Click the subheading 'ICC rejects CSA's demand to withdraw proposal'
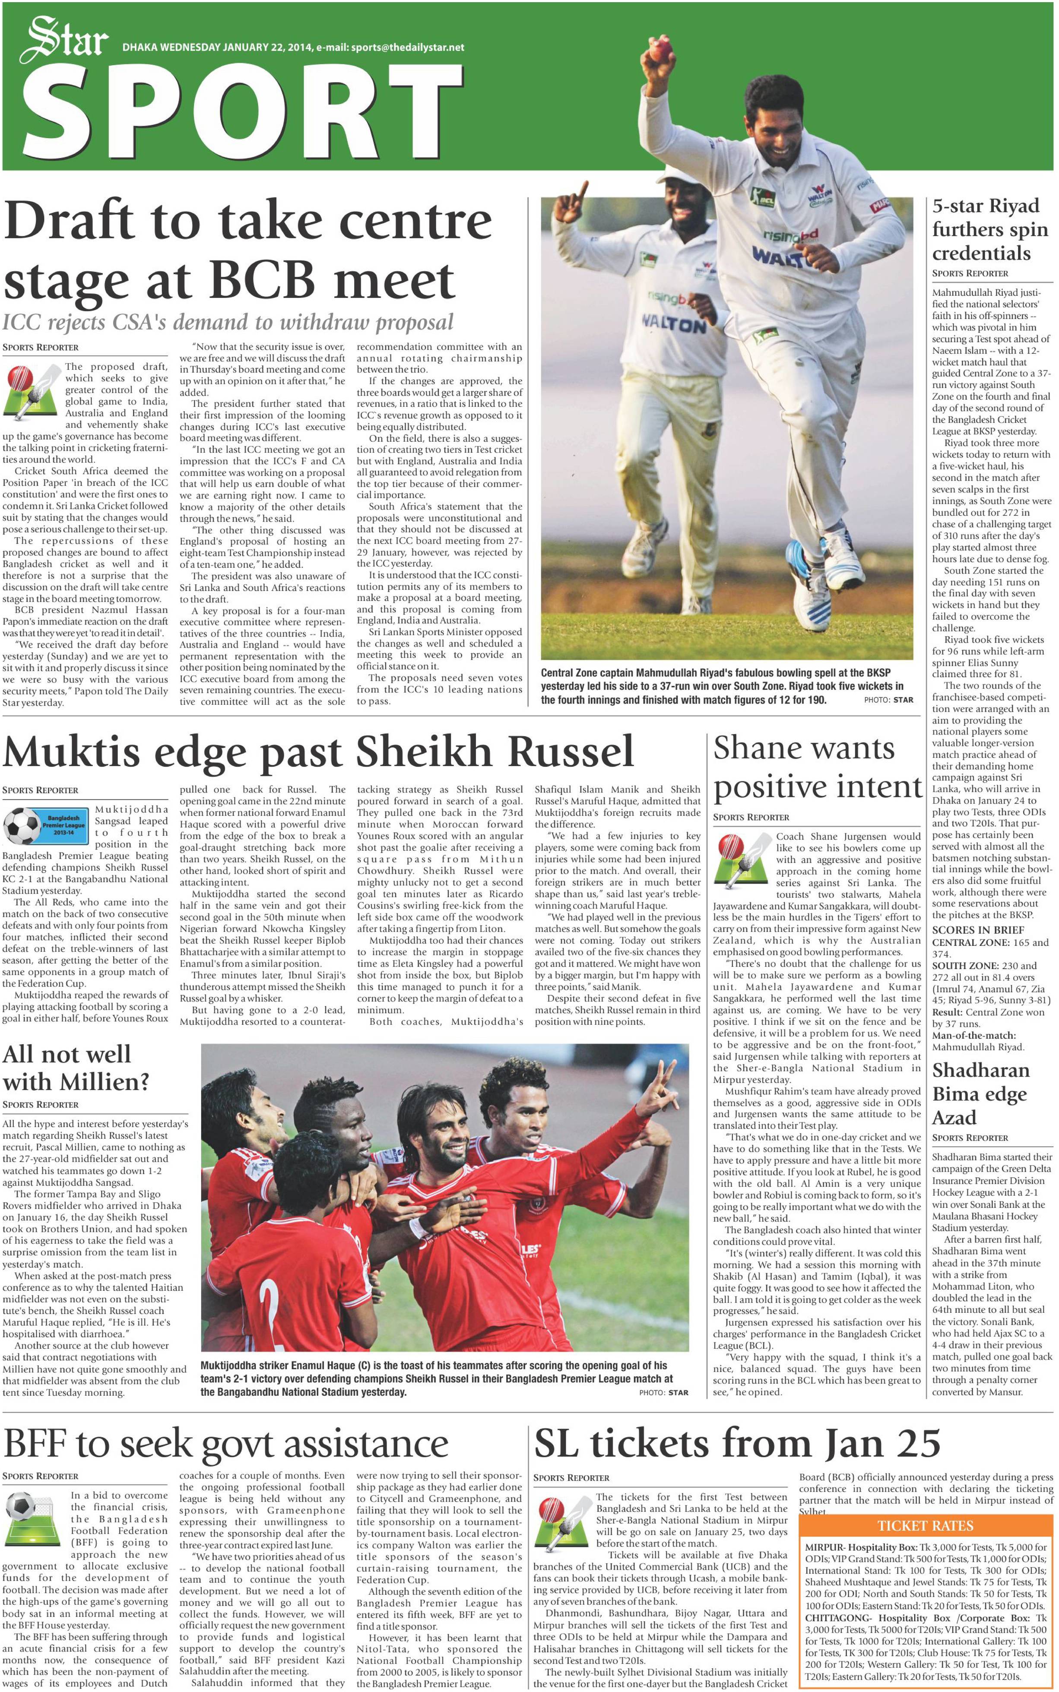click(x=228, y=322)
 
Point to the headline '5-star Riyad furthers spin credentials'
click(x=989, y=230)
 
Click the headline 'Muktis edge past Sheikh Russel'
click(x=319, y=751)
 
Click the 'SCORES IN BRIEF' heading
click(x=978, y=929)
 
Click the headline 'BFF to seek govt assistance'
click(x=225, y=1443)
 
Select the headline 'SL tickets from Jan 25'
click(x=737, y=1443)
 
